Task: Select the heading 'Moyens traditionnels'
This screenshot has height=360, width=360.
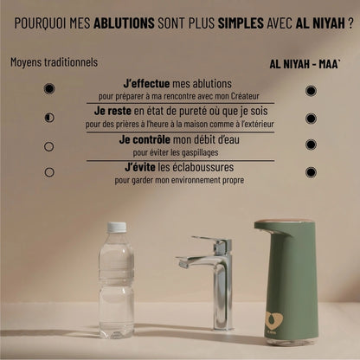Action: pos(54,63)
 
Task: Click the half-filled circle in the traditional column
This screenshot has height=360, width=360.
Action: pos(49,117)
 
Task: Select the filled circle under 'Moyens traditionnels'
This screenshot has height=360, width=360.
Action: pos(49,88)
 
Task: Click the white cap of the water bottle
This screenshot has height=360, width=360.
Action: pos(117,228)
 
